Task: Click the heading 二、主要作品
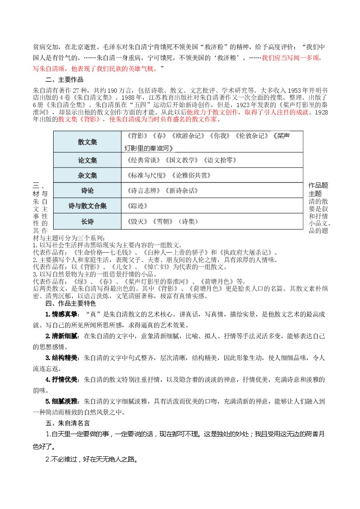pyautogui.click(x=64, y=80)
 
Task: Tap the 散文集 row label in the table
pyautogui.click(x=87, y=142)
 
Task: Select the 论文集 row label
pyautogui.click(x=87, y=160)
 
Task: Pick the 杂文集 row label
pyautogui.click(x=87, y=175)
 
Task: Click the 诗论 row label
pyautogui.click(x=87, y=191)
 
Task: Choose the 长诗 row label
pyautogui.click(x=87, y=222)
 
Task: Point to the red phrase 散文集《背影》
pyautogui.click(x=82, y=119)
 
